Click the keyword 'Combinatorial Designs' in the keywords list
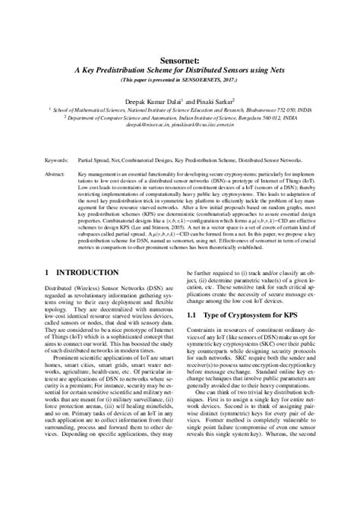[147, 161]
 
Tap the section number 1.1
[194, 335]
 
